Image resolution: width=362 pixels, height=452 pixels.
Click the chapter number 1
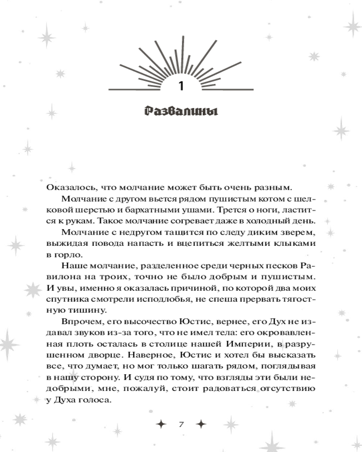[181, 86]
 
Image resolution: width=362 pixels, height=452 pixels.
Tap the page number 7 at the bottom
[181, 424]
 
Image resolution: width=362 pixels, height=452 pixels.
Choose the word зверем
[295, 232]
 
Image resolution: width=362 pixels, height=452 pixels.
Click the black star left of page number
[160, 424]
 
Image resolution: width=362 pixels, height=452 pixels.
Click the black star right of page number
[202, 424]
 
